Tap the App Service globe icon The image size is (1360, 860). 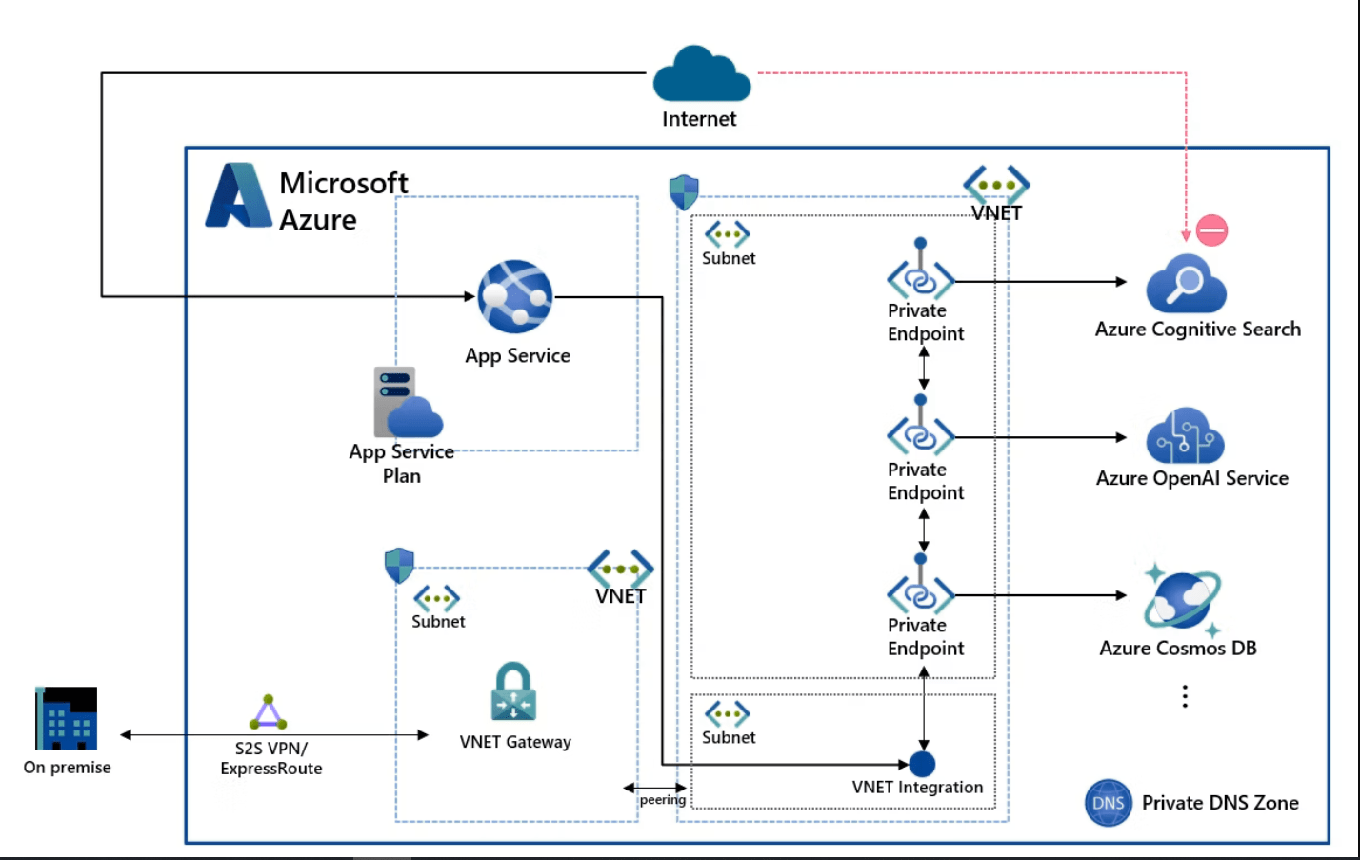(x=514, y=296)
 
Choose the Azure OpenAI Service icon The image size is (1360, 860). (x=1185, y=436)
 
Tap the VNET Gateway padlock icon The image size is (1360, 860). (x=513, y=692)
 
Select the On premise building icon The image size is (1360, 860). (x=67, y=718)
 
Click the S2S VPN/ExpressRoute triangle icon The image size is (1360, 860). (x=269, y=712)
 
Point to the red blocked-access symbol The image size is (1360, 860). (x=1211, y=230)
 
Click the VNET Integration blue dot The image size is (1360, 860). (x=922, y=764)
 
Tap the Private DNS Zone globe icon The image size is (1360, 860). (x=1109, y=803)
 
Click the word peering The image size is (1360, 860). (x=662, y=800)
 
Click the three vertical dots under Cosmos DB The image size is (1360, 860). (x=1185, y=696)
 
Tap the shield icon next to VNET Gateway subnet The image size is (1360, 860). (x=399, y=565)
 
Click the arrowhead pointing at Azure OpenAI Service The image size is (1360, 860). (x=1121, y=437)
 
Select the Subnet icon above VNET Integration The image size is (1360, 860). (x=727, y=713)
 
